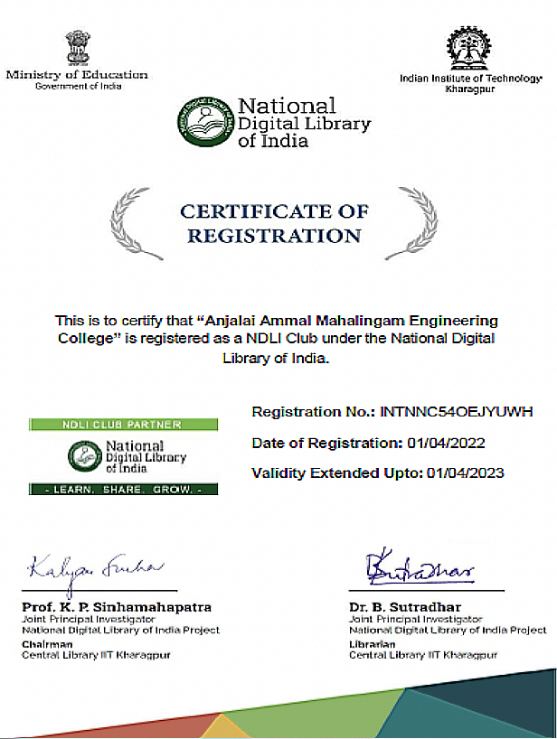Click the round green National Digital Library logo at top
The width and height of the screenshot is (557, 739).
[203, 121]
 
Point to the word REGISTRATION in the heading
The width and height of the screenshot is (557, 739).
[274, 236]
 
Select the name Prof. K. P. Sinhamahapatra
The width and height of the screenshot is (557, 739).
[116, 606]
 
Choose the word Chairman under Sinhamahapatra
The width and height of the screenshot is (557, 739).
[42, 643]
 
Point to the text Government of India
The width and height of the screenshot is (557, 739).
[77, 86]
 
